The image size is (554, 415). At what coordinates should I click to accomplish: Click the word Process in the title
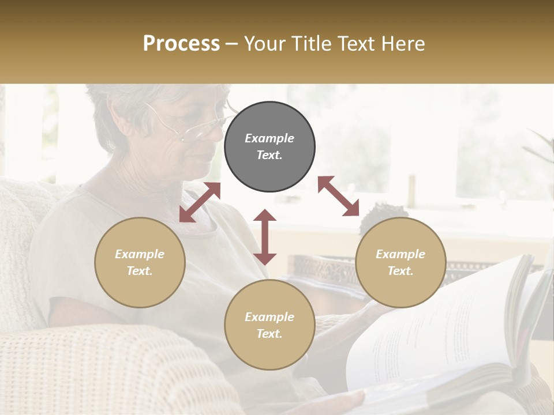click(181, 43)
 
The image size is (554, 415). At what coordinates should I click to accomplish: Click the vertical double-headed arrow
click(265, 237)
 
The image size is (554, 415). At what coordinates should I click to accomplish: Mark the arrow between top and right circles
click(339, 196)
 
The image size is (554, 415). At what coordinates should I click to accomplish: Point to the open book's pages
click(439, 329)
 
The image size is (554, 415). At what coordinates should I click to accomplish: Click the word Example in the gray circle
click(269, 138)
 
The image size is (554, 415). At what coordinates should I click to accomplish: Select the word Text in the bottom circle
click(269, 334)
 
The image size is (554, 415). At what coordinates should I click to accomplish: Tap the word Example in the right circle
click(400, 254)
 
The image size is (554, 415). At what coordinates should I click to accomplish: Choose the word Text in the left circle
click(140, 271)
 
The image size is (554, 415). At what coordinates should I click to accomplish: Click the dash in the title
click(231, 44)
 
